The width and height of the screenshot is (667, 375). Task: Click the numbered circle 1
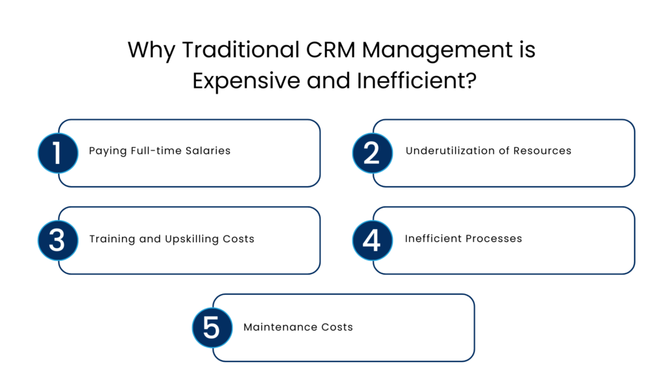(57, 153)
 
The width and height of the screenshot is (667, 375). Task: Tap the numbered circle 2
(372, 153)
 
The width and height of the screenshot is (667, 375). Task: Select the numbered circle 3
(57, 240)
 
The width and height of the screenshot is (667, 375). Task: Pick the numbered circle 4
(372, 240)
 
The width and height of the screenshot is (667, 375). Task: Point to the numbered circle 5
(212, 327)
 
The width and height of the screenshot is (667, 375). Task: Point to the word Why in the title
(150, 51)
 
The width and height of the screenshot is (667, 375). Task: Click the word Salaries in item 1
(208, 151)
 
